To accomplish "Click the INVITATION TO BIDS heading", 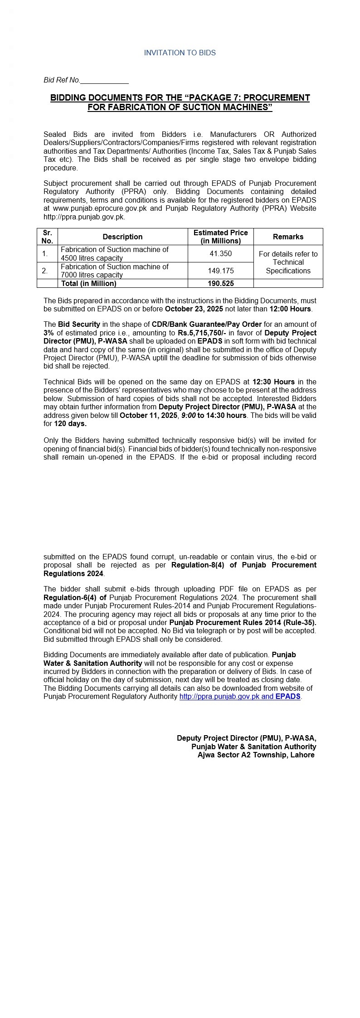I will click(180, 53).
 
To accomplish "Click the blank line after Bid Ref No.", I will click(104, 81).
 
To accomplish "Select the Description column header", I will click(122, 237).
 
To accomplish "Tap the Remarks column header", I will click(288, 237).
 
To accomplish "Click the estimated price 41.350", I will click(220, 254).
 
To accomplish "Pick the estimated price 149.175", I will click(220, 271).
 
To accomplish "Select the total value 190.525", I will click(220, 283).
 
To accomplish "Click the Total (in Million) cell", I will click(88, 283).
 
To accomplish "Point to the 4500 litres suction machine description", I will click(114, 254).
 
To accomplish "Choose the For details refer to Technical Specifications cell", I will click(288, 262).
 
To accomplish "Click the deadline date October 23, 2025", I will click(194, 309).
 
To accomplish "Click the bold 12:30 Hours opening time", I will click(273, 382).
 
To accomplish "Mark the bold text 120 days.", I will click(70, 424).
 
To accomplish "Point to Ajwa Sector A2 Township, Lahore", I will click(256, 755).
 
